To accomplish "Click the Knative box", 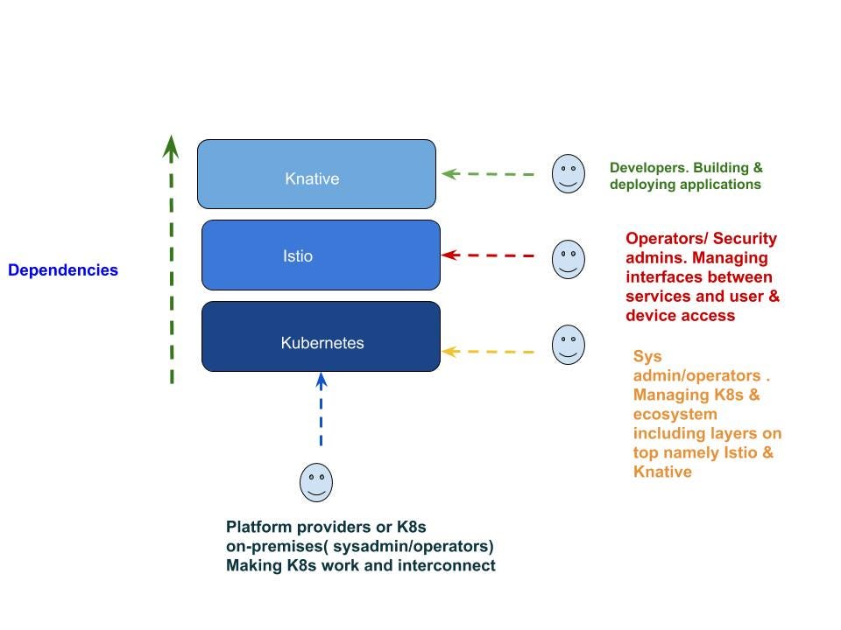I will pyautogui.click(x=316, y=174).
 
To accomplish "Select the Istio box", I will pyautogui.click(x=321, y=255).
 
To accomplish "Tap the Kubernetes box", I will pyautogui.click(x=321, y=336).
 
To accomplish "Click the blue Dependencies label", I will pyautogui.click(x=63, y=270).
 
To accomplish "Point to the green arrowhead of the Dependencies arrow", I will pyautogui.click(x=172, y=146).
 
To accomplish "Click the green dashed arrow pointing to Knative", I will pyautogui.click(x=488, y=174).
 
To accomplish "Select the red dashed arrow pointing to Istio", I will pyautogui.click(x=488, y=255).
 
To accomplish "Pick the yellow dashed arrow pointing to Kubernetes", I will pyautogui.click(x=488, y=352).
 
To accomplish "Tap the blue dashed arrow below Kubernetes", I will pyautogui.click(x=322, y=411).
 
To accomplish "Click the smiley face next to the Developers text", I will pyautogui.click(x=568, y=173).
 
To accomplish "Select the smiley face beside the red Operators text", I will pyautogui.click(x=568, y=259).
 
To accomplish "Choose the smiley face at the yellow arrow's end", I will pyautogui.click(x=568, y=345).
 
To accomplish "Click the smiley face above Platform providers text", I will pyautogui.click(x=316, y=483).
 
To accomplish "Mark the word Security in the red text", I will pyautogui.click(x=746, y=239).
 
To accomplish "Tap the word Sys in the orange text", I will pyautogui.click(x=647, y=357).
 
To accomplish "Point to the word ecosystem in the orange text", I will pyautogui.click(x=675, y=415).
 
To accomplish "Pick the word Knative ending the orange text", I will pyautogui.click(x=662, y=472).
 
